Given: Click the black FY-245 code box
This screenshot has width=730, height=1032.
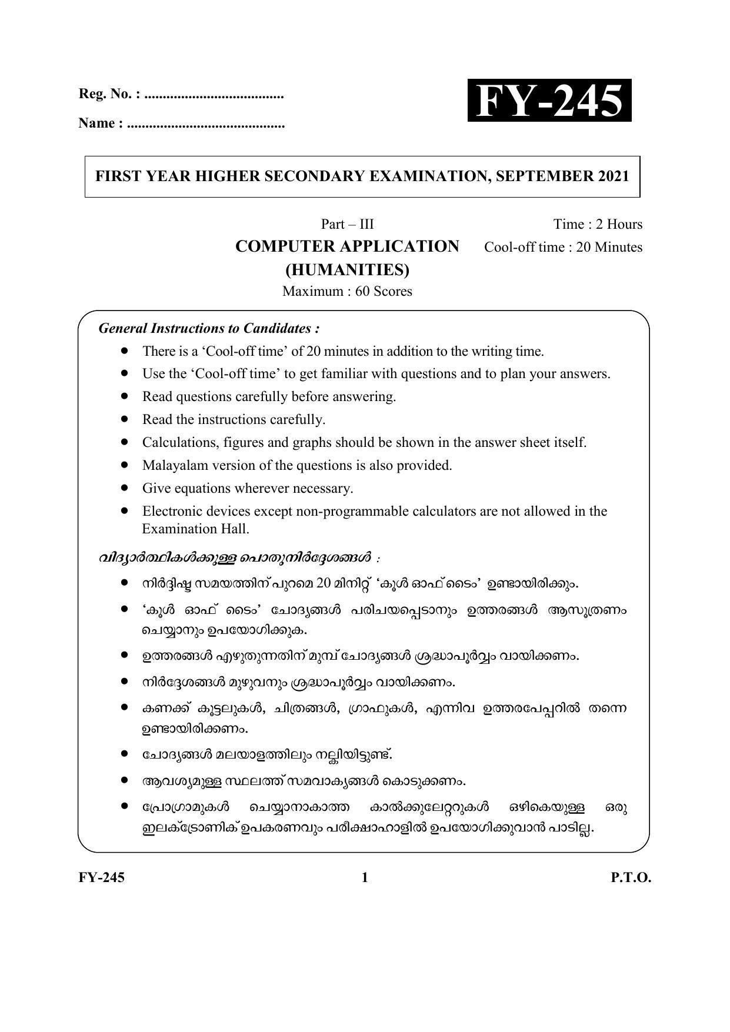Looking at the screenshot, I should coord(549,101).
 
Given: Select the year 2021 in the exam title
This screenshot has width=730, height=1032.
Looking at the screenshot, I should coord(614,176).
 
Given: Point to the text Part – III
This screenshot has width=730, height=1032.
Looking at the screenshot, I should coord(347,224).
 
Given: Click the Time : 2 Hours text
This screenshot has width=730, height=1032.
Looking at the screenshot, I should coord(597,224).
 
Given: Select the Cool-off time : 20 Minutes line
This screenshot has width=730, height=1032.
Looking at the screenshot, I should coord(563,247).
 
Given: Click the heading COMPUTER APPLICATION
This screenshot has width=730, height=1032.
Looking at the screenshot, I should coord(347,246).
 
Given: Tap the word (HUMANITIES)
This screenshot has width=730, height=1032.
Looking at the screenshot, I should coord(347,270).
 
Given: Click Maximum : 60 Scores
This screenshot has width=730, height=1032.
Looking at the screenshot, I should coord(347,291).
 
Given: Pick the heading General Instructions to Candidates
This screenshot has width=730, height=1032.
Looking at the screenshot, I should coord(209,328).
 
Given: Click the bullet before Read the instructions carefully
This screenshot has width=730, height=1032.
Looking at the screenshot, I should coord(124,419).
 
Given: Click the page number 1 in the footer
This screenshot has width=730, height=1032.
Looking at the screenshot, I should coord(365,878).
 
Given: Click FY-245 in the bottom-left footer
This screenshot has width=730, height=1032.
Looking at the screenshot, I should coord(102,878).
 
